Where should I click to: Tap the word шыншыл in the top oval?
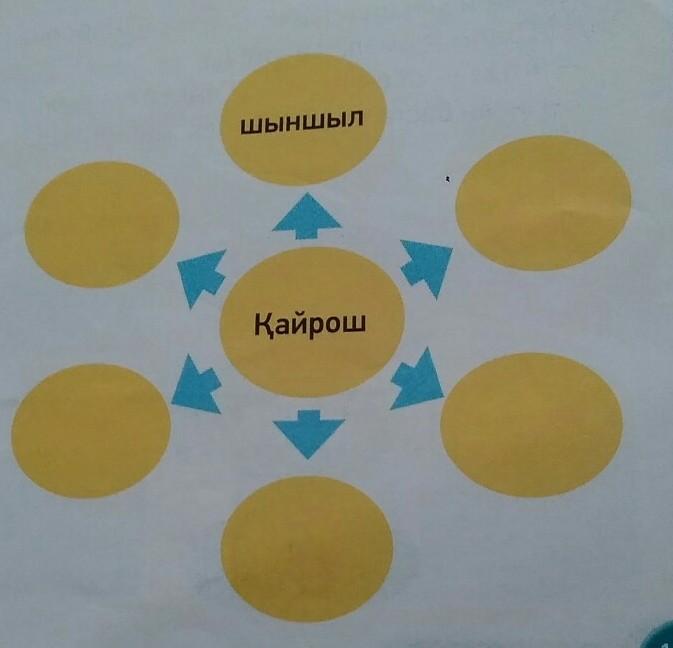tap(302, 124)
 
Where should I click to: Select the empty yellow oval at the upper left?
tap(100, 226)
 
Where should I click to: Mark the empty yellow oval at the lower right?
tap(531, 424)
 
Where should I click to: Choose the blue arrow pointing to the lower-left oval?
tap(198, 384)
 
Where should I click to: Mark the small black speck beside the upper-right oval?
tap(450, 179)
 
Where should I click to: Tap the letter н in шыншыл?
tap(288, 125)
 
